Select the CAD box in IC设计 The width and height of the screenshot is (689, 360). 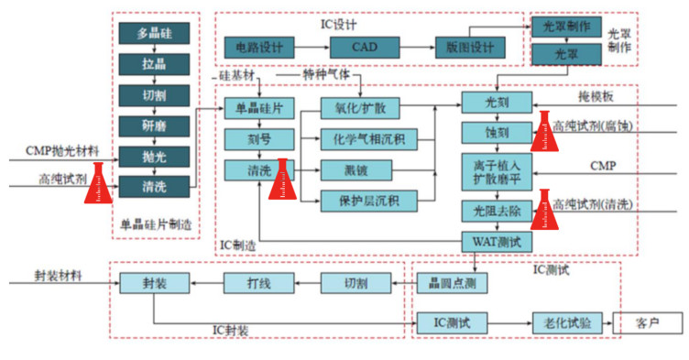coord(366,47)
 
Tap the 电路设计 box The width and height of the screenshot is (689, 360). coord(259,47)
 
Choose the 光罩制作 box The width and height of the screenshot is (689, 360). coord(566,27)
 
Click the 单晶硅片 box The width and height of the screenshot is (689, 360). coord(259,108)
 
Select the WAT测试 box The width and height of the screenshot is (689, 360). coord(496,241)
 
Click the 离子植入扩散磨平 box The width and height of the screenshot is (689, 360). coord(496,172)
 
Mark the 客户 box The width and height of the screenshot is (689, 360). coord(648,323)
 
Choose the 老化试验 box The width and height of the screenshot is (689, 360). coord(561,323)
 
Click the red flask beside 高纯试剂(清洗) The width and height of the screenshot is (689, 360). coord(543,210)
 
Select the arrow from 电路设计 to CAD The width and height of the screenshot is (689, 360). coord(312,47)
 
